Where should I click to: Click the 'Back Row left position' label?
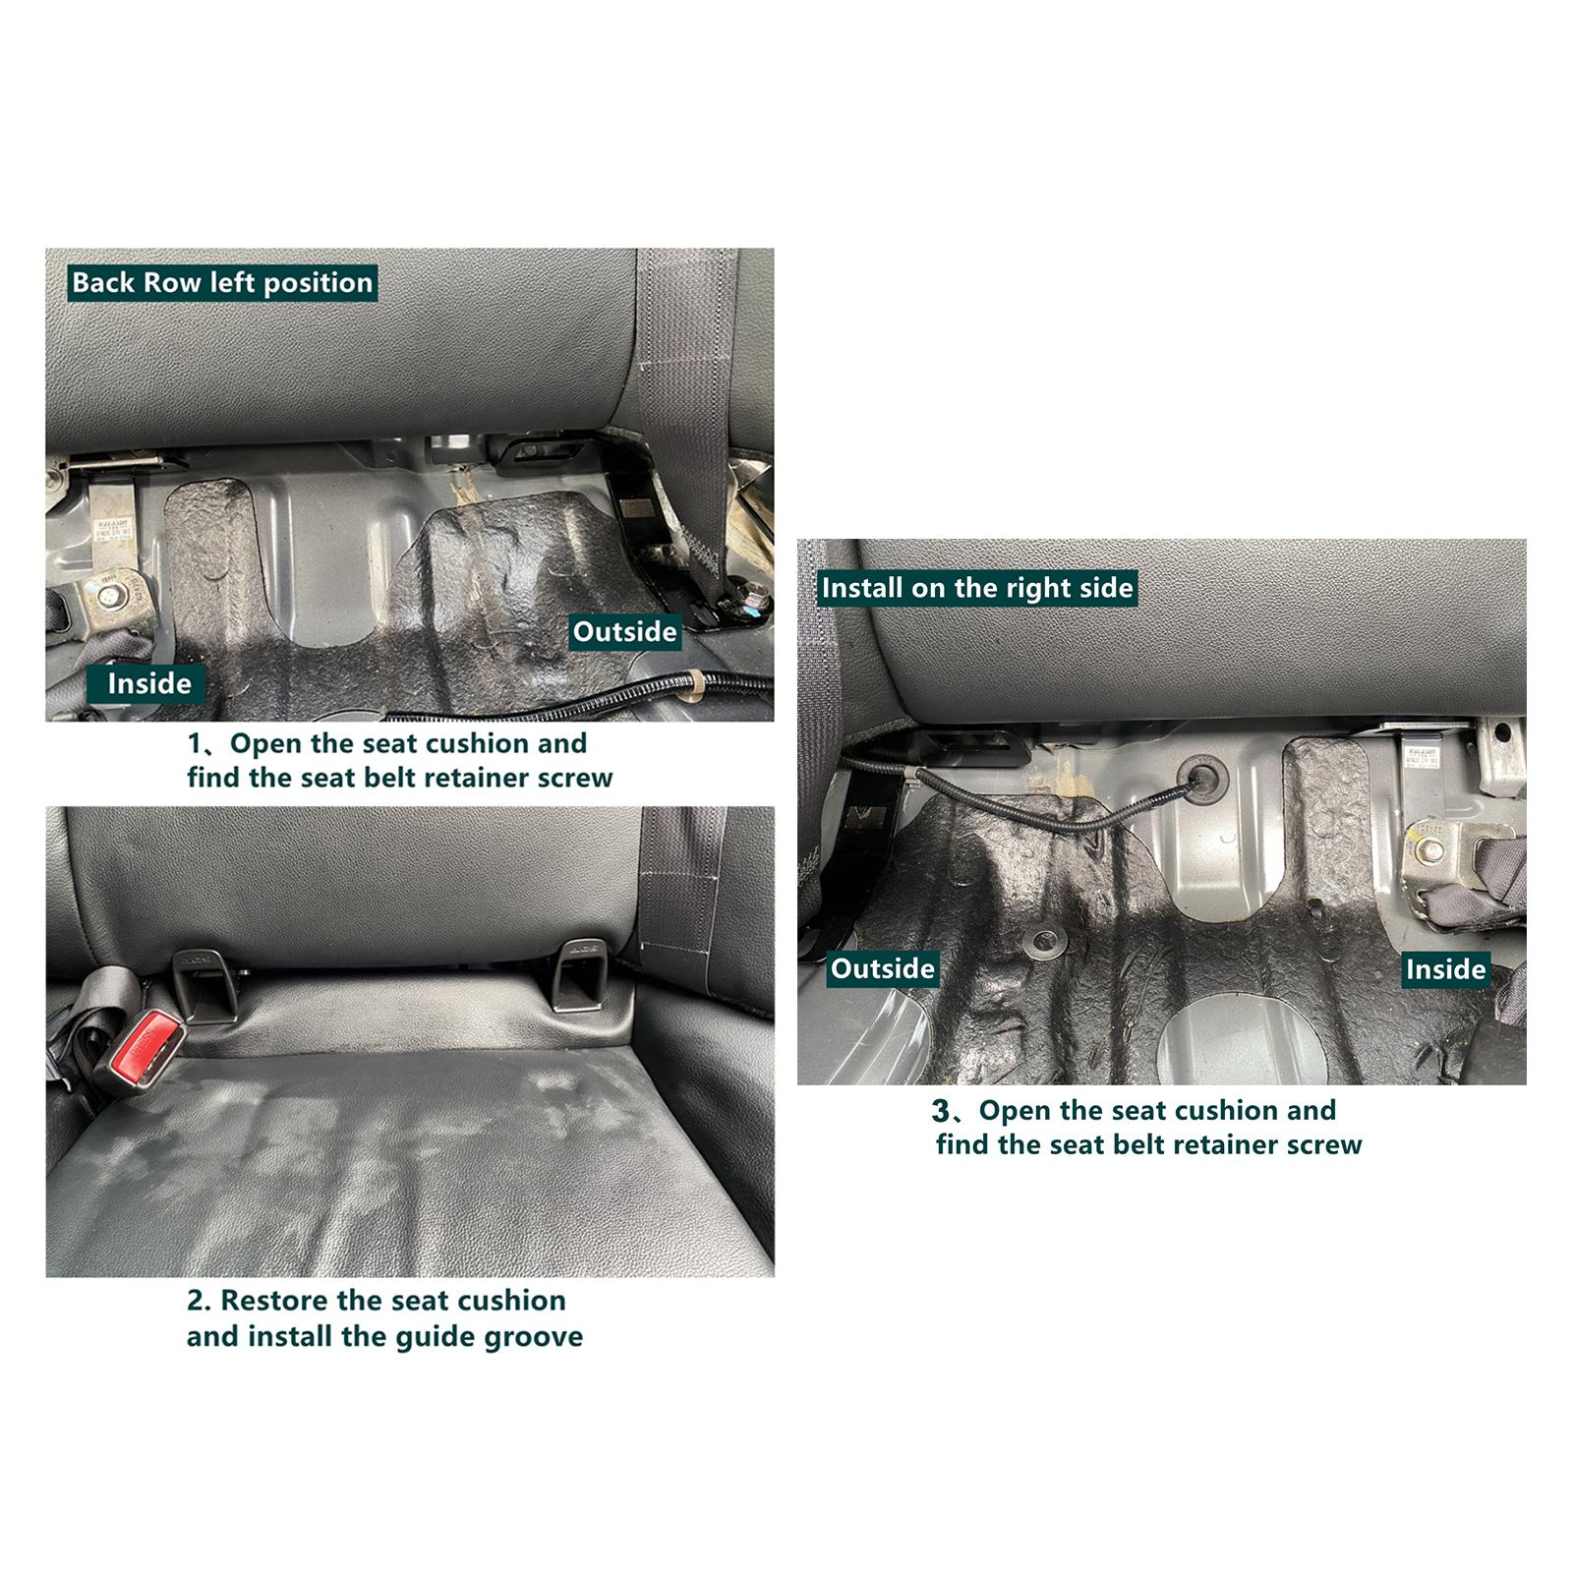pyautogui.click(x=222, y=283)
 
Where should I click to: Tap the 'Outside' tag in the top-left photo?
pyautogui.click(x=625, y=631)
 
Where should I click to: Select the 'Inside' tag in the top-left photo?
pyautogui.click(x=148, y=683)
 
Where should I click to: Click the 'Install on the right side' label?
pyautogui.click(x=977, y=588)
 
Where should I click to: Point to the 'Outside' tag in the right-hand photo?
pyautogui.click(x=883, y=968)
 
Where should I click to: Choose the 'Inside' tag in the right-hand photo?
pyautogui.click(x=1445, y=969)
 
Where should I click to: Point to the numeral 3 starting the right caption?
pyautogui.click(x=941, y=1111)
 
